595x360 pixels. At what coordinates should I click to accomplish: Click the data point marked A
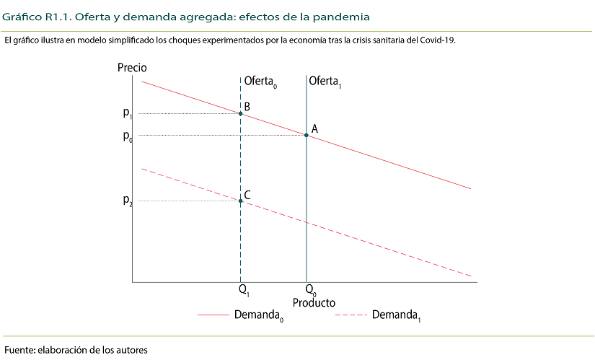tap(307, 135)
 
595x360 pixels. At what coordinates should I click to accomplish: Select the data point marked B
tap(240, 113)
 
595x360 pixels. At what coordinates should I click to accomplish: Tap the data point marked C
tap(240, 201)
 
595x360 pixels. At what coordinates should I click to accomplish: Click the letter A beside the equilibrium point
tap(314, 129)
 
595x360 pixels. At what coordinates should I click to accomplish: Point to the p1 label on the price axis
tap(128, 113)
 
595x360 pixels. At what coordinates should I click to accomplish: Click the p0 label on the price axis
tap(128, 136)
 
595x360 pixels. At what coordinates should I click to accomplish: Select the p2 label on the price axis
tap(128, 201)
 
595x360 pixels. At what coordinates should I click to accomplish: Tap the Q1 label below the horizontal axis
tap(244, 291)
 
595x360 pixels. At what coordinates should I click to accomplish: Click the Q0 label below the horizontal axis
tap(310, 291)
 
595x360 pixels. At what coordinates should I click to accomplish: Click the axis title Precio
tap(131, 67)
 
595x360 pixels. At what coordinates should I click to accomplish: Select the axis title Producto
tap(314, 303)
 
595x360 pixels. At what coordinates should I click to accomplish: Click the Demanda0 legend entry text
tap(258, 316)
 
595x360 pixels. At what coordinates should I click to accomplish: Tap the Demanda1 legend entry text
tap(396, 316)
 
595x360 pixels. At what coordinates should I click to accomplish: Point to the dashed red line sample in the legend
tap(351, 315)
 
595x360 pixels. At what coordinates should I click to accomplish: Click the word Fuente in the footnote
tap(19, 350)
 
